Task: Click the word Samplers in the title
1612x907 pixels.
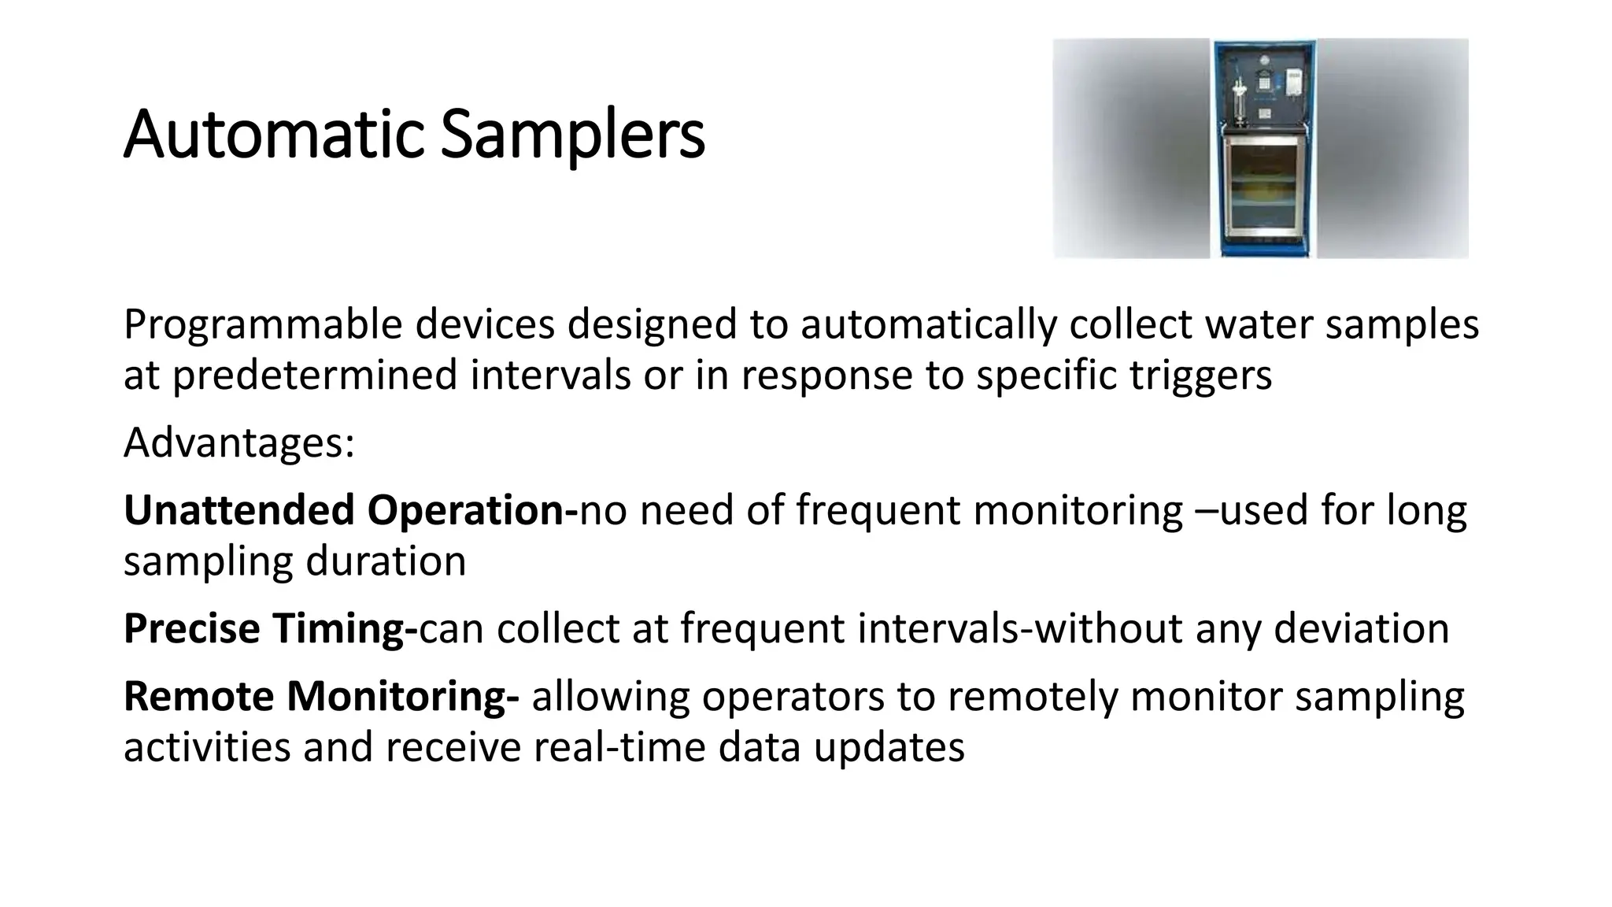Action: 572,135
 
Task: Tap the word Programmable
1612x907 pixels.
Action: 263,325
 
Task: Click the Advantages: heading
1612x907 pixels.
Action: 239,442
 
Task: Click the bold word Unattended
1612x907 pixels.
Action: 239,510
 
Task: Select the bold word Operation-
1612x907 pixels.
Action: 472,510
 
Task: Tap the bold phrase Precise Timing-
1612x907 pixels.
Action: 270,628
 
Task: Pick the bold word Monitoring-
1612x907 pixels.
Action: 402,696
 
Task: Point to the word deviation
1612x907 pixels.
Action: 1361,628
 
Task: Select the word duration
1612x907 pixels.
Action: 386,561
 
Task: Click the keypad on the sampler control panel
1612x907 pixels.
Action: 1264,83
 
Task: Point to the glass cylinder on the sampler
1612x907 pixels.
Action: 1240,102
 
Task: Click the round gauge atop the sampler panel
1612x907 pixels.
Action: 1264,60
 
